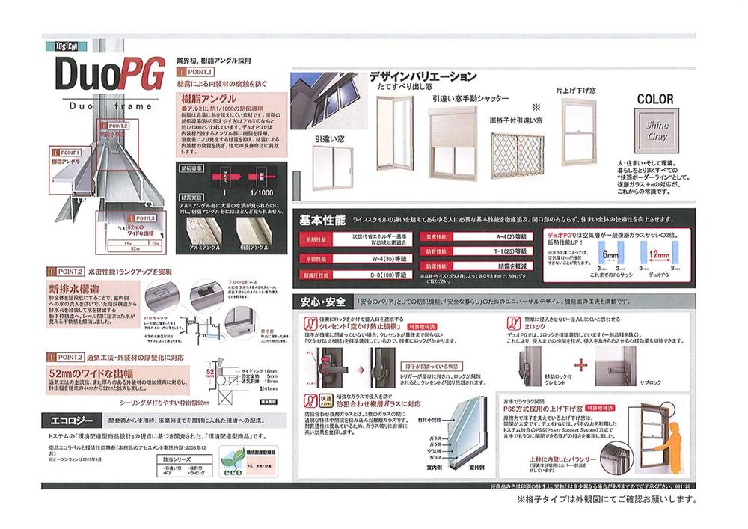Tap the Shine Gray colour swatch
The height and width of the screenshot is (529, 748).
coord(657,132)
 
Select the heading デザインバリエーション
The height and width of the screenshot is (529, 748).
coord(423,76)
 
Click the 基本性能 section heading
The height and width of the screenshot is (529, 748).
coord(322,221)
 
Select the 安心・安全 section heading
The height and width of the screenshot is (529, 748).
coord(322,302)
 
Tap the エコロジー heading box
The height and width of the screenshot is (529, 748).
coord(73,418)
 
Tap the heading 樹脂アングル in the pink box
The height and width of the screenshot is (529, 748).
coord(205,98)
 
